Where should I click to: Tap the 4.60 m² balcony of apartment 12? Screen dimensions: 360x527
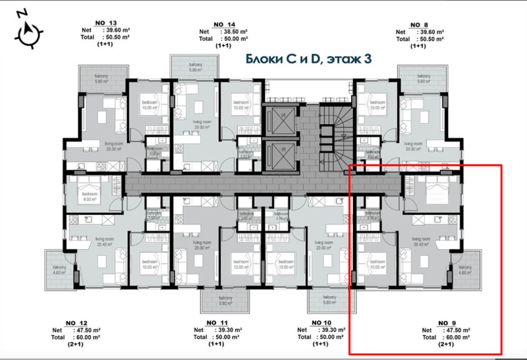tap(61, 268)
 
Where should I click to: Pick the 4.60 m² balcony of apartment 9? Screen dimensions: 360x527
tap(464, 268)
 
